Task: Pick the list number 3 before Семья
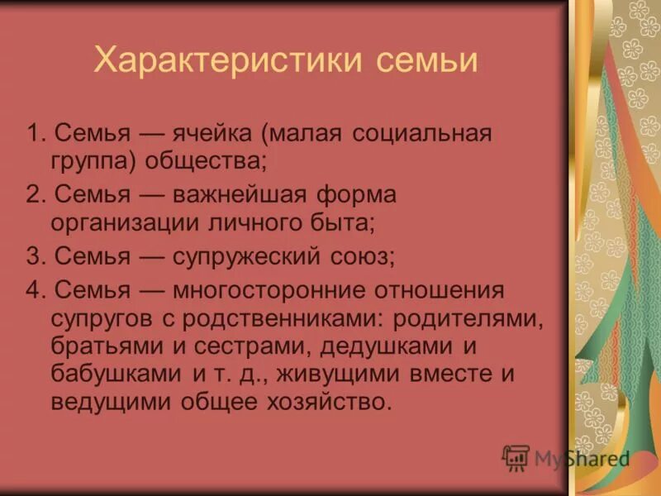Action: coord(34,256)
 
